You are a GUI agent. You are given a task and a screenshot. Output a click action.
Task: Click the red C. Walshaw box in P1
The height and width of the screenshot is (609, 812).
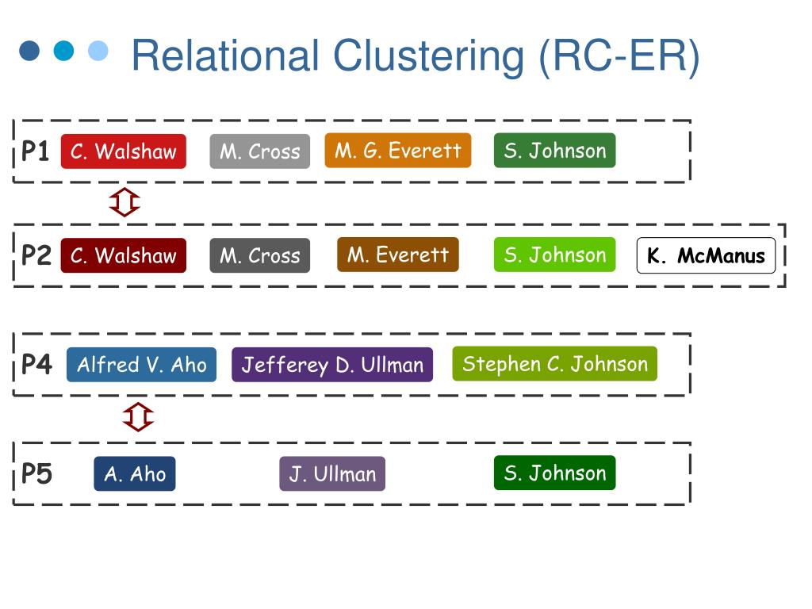click(x=123, y=151)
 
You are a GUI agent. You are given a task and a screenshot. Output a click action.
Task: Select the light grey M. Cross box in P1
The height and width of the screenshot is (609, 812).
click(x=260, y=151)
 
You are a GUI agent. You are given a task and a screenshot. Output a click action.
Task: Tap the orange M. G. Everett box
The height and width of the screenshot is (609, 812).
click(x=398, y=151)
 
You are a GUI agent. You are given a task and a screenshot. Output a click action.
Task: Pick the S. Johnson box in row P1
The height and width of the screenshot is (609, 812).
click(x=554, y=151)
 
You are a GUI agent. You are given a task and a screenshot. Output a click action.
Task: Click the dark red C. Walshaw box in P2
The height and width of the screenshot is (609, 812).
click(x=123, y=255)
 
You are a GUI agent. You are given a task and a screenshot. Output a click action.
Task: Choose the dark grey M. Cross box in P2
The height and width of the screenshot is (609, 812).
click(x=260, y=255)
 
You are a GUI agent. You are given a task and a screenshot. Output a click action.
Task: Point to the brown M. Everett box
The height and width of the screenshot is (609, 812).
click(x=398, y=255)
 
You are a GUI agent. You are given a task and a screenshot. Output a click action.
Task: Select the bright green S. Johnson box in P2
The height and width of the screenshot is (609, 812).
click(x=554, y=255)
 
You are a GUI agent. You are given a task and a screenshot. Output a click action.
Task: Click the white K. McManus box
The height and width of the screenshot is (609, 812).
click(x=706, y=255)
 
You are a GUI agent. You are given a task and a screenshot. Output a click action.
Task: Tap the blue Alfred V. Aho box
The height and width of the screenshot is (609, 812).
click(x=141, y=365)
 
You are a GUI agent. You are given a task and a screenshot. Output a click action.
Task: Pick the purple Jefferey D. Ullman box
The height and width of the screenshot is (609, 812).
click(x=332, y=365)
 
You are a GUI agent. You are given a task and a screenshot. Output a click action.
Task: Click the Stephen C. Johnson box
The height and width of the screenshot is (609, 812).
click(x=554, y=364)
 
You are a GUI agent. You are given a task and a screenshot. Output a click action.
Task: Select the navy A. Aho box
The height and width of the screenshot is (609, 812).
click(x=135, y=474)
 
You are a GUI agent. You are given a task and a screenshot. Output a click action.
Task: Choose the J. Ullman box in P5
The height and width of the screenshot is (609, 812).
click(x=332, y=474)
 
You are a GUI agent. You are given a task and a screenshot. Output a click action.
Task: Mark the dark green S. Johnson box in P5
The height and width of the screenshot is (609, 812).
click(x=554, y=473)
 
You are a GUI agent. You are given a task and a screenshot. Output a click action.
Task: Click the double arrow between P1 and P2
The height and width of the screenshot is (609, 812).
click(x=124, y=202)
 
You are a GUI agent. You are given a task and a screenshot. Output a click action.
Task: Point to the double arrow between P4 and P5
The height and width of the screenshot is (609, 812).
click(x=138, y=417)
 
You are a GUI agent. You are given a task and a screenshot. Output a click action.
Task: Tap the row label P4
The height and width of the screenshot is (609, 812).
click(x=36, y=365)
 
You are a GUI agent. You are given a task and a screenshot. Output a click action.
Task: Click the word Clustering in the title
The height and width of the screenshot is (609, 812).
click(x=429, y=56)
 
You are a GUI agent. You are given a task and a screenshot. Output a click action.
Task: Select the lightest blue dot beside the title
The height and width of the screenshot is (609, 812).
click(x=98, y=51)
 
